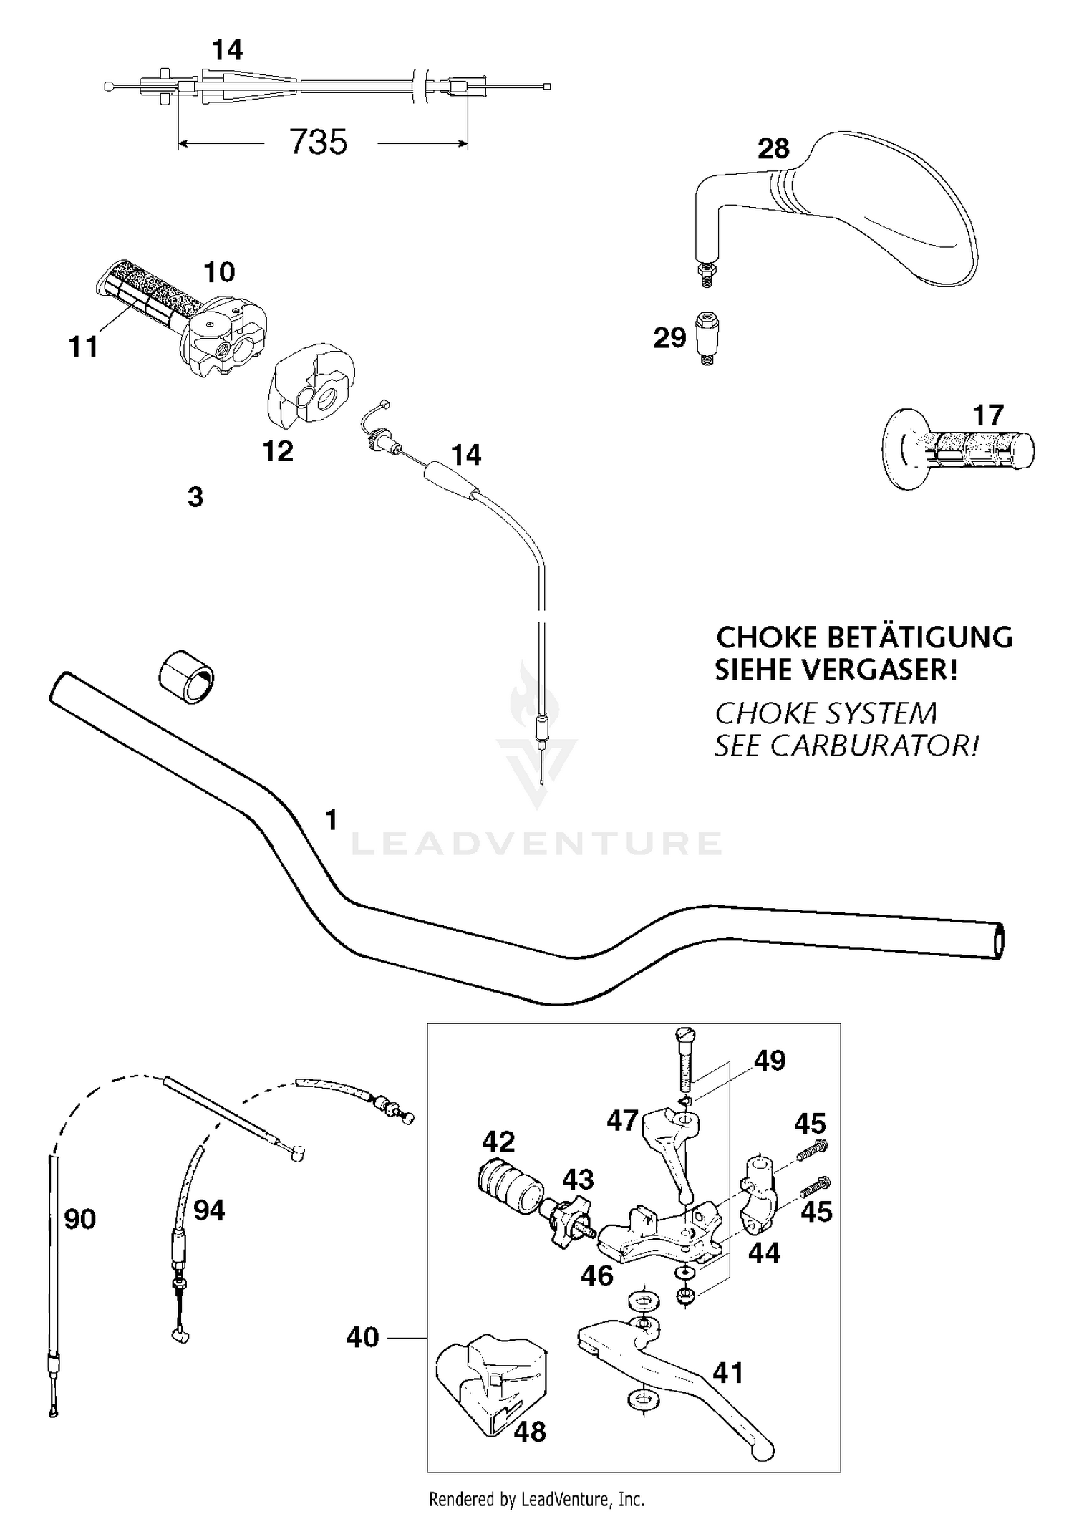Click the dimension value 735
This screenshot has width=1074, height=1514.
tap(318, 142)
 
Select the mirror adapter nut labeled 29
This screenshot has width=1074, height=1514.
tap(707, 338)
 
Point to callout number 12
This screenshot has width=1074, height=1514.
tap(278, 451)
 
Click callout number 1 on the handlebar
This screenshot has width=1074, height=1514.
tap(331, 819)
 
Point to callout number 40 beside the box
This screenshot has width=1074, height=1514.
tap(362, 1337)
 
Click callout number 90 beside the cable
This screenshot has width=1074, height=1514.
tap(79, 1218)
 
